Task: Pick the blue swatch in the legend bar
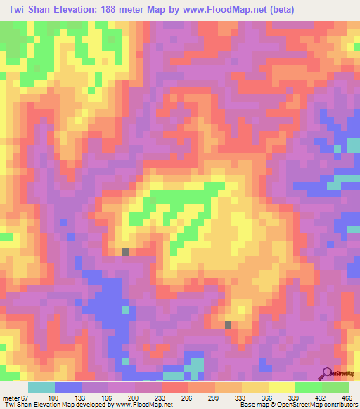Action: point(67,387)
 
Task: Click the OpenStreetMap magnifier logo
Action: point(328,374)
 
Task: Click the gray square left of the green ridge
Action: point(126,252)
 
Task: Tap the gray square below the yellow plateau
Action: point(229,324)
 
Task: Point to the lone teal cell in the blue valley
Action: point(126,309)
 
